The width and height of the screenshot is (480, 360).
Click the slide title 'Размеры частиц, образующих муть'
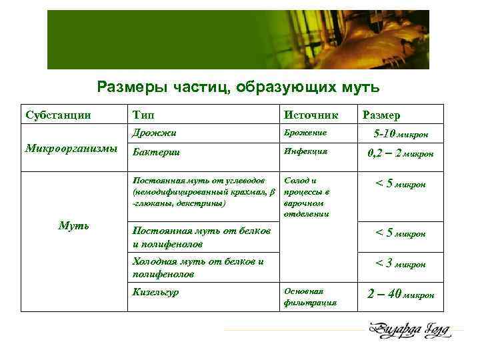pos(238,87)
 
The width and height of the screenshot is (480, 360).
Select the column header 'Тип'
pos(145,115)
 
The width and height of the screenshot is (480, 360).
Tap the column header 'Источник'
pos(311,115)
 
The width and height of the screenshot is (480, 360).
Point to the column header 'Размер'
pos(381,115)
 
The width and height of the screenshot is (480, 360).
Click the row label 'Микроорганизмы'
pos(70,147)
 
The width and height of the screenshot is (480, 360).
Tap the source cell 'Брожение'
pos(305,133)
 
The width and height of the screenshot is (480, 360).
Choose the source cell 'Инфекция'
pos(305,151)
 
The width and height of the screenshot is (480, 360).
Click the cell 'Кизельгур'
pos(156,292)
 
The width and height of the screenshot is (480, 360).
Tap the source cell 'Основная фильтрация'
pos(310,297)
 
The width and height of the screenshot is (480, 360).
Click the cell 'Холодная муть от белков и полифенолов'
pos(198,267)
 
